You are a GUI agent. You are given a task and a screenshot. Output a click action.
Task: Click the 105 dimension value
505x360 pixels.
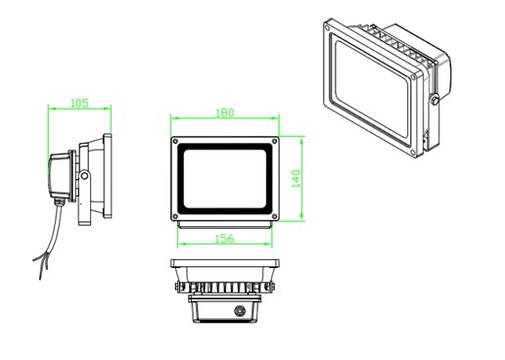79,103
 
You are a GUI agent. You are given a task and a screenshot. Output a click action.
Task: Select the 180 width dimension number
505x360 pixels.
225,112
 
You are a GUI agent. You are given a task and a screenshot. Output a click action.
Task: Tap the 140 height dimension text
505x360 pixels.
296,178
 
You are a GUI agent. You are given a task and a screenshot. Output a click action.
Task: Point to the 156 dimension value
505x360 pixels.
225,239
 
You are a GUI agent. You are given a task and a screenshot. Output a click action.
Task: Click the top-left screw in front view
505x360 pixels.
175,141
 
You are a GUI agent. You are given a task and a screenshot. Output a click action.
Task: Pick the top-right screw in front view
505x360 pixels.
275,141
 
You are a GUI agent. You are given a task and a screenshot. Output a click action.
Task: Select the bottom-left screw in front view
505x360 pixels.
175,216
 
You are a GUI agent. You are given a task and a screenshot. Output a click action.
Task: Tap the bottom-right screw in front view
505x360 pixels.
275,216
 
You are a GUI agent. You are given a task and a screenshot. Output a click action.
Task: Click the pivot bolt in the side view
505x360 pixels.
84,176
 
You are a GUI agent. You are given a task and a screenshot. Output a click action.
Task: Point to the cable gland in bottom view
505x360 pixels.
240,310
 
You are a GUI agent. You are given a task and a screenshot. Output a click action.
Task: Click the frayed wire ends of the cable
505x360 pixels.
41,265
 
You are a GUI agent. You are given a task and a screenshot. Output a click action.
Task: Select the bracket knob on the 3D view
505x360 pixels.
435,100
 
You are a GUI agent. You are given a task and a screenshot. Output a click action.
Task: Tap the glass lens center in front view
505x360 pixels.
225,179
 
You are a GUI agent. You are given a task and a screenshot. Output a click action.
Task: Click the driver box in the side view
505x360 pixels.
60,176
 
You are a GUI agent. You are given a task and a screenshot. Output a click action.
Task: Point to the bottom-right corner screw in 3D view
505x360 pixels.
412,152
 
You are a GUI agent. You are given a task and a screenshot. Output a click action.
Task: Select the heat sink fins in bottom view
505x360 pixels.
225,288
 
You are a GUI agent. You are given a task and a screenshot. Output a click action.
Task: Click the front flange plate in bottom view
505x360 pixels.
225,263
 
